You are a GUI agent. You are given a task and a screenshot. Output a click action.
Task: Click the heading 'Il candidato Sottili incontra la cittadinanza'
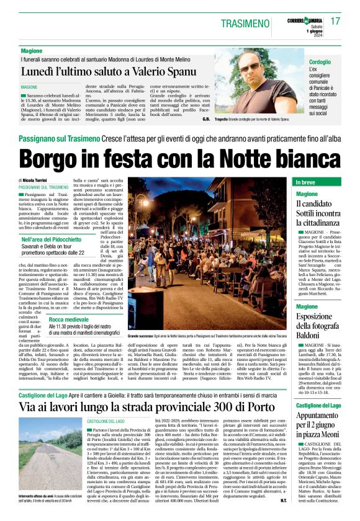click(x=317, y=213)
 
